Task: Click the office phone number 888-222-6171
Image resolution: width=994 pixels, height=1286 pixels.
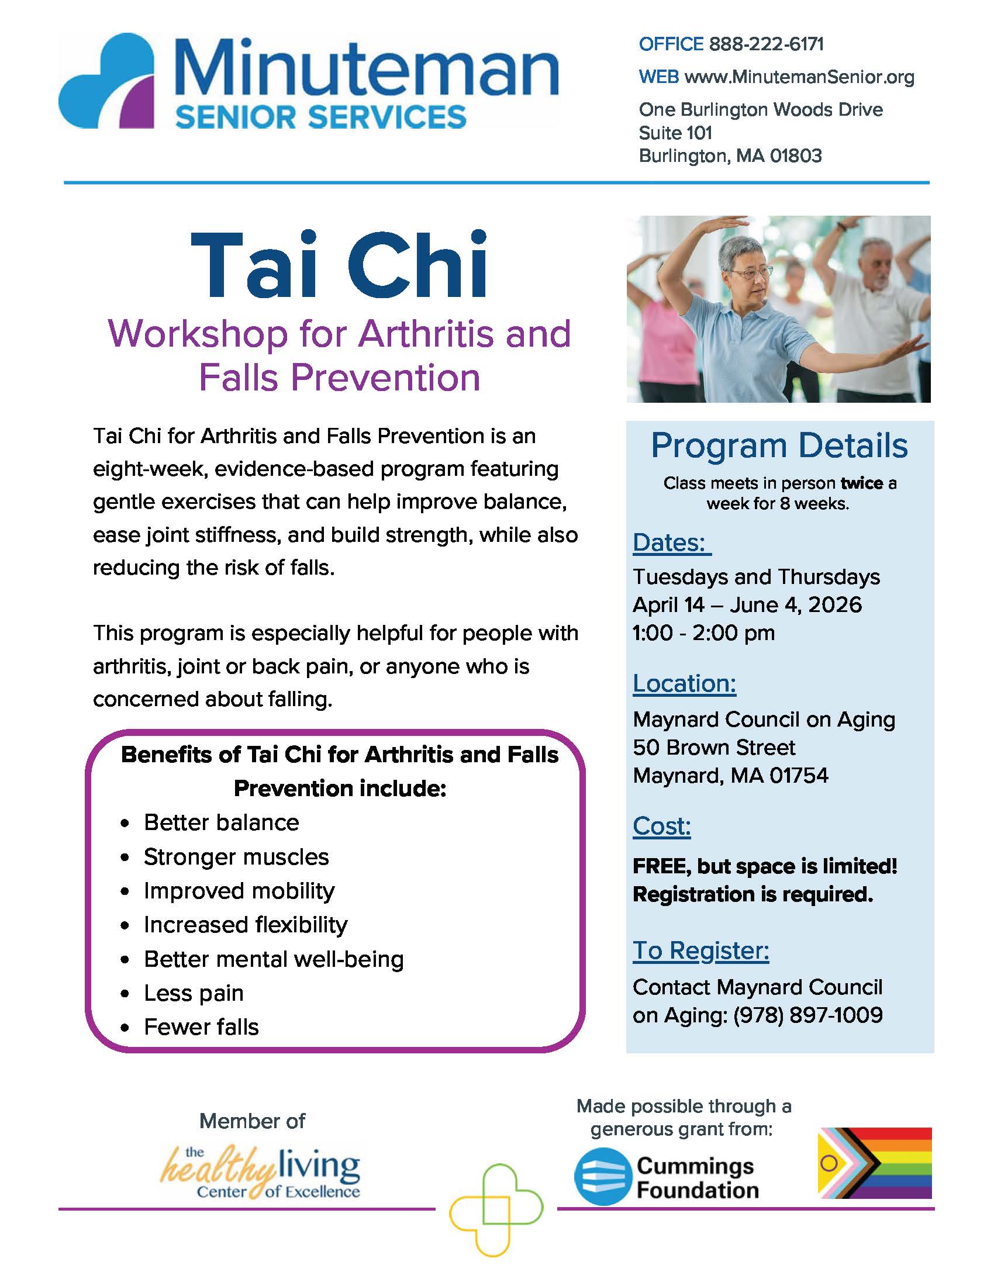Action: coord(765,44)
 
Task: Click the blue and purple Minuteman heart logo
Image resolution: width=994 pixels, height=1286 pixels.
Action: coord(106,81)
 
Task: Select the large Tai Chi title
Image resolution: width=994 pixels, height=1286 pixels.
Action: coord(340,266)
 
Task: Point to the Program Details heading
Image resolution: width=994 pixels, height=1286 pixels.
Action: coord(778,446)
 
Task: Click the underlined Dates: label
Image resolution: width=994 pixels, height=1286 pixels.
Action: coord(671,542)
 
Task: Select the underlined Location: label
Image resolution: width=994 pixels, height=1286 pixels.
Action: coord(684,684)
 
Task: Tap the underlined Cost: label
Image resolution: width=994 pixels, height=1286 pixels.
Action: coord(661,826)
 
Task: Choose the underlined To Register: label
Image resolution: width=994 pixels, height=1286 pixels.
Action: coord(700,950)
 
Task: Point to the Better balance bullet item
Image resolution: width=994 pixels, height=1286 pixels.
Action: coord(222,822)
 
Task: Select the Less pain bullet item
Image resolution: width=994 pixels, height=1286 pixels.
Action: coord(194,993)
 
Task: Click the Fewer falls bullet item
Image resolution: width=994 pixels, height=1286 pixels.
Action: coord(201,1027)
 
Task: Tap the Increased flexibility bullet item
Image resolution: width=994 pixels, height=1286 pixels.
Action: coord(246,925)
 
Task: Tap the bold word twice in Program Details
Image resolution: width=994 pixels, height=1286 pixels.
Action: coord(861,483)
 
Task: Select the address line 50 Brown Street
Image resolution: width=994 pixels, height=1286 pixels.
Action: coord(714,747)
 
